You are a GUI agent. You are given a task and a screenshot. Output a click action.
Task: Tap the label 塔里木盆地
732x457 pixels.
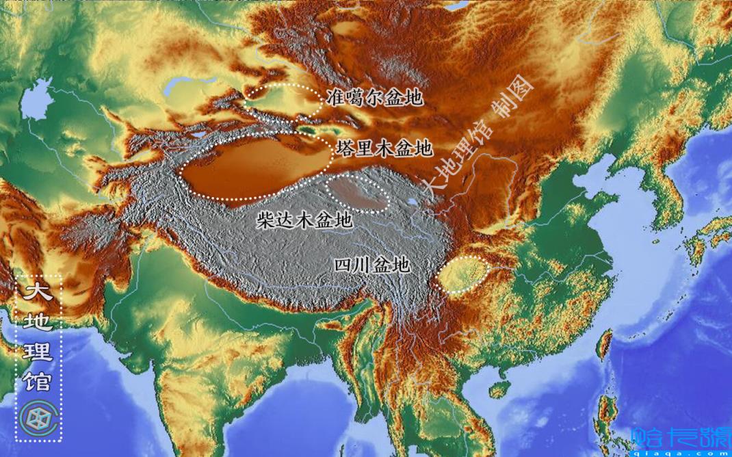(x=384, y=148)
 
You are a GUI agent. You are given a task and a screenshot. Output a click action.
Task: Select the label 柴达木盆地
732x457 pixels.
(x=304, y=220)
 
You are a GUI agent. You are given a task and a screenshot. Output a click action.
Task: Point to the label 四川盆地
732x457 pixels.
(x=371, y=265)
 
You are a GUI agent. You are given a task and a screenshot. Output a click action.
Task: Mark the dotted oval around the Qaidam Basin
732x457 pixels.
(x=358, y=192)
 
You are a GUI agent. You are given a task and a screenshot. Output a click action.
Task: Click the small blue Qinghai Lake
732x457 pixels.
(x=413, y=203)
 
